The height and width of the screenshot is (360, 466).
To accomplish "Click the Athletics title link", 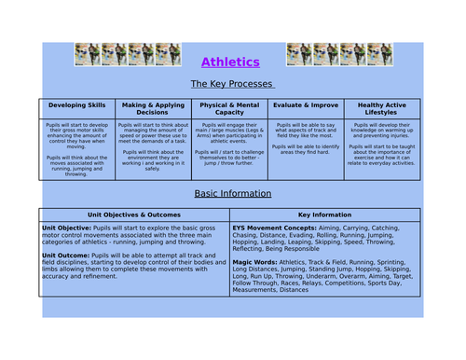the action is [230, 62].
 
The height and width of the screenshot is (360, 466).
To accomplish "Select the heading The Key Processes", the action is [231, 84].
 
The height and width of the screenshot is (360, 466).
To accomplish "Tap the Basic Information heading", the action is [232, 194].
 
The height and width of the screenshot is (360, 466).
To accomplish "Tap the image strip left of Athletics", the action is [127, 54].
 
